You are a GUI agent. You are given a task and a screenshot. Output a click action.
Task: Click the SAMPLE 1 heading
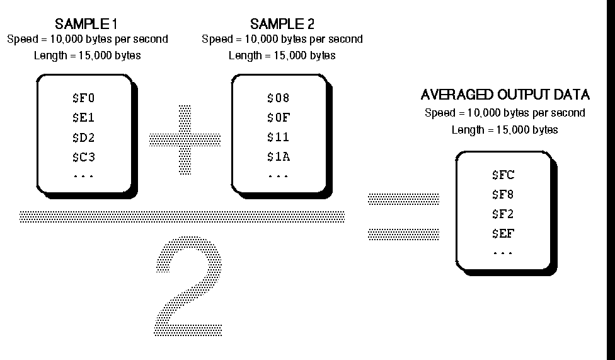(87, 25)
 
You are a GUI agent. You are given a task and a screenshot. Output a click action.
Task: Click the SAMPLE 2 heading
(282, 25)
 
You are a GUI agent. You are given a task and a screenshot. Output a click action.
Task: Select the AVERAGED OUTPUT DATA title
(505, 95)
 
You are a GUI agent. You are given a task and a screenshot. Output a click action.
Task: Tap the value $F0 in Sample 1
(83, 98)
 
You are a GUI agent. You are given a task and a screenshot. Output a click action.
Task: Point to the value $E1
(83, 117)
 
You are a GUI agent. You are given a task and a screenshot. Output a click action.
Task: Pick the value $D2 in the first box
(83, 137)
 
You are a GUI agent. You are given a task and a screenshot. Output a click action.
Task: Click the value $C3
(83, 156)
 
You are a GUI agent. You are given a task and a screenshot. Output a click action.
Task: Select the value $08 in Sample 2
(278, 98)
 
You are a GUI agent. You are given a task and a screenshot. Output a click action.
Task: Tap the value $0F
(278, 117)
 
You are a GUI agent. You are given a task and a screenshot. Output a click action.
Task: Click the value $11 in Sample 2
(278, 137)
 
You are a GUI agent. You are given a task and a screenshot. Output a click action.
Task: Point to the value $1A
(278, 156)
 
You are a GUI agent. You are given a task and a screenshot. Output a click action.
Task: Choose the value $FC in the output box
(503, 175)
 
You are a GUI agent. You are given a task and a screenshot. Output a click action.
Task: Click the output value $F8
(503, 195)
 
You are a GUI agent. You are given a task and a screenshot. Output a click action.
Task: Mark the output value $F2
(503, 214)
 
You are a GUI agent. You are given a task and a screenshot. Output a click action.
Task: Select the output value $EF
(503, 234)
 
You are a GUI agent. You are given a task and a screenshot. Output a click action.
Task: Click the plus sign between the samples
(185, 139)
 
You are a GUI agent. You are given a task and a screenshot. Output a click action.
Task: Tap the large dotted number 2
(188, 287)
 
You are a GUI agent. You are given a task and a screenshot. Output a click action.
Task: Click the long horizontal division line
(182, 216)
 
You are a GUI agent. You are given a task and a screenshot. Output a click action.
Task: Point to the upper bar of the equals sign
(403, 199)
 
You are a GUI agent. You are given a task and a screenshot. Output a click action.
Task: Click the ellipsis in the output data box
(503, 252)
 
